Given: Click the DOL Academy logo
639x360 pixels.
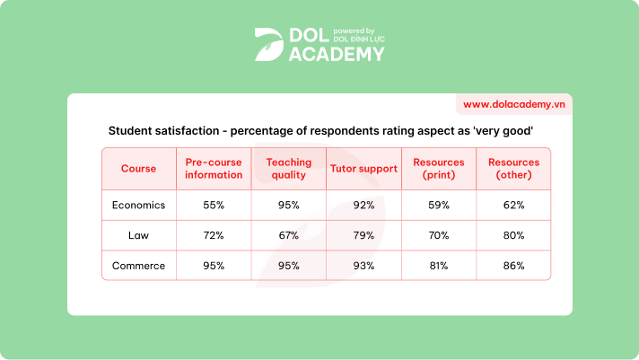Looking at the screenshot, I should (x=319, y=43).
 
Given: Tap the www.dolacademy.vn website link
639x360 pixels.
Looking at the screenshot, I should (x=514, y=104).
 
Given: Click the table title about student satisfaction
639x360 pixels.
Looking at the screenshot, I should (x=320, y=131).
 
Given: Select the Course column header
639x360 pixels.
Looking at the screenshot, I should (x=138, y=169).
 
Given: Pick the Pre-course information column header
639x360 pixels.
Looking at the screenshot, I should (x=214, y=169).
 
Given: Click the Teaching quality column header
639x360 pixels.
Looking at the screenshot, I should (x=289, y=169).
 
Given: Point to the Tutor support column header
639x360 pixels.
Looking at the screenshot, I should (x=363, y=169).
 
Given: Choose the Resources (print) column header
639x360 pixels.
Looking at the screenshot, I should (x=439, y=169).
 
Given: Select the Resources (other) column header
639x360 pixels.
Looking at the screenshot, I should (x=513, y=169).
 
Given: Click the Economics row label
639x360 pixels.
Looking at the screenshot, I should (x=138, y=205).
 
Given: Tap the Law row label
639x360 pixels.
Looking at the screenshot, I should (x=138, y=235).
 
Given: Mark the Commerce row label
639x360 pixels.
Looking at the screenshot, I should (x=138, y=266).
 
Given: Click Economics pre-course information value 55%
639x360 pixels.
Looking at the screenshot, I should (x=214, y=205).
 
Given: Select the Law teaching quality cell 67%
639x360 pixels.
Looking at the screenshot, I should (x=289, y=235).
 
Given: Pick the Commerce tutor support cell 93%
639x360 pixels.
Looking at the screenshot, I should (x=363, y=266).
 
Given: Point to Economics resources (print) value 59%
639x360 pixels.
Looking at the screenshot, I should (x=439, y=205).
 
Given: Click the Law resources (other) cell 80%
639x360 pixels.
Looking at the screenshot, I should (x=513, y=235).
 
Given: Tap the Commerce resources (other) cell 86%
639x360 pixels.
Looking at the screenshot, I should (x=513, y=266).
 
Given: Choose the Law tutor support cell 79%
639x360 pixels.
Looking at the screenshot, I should (x=363, y=235).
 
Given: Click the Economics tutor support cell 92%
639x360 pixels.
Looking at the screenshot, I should (x=363, y=205).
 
